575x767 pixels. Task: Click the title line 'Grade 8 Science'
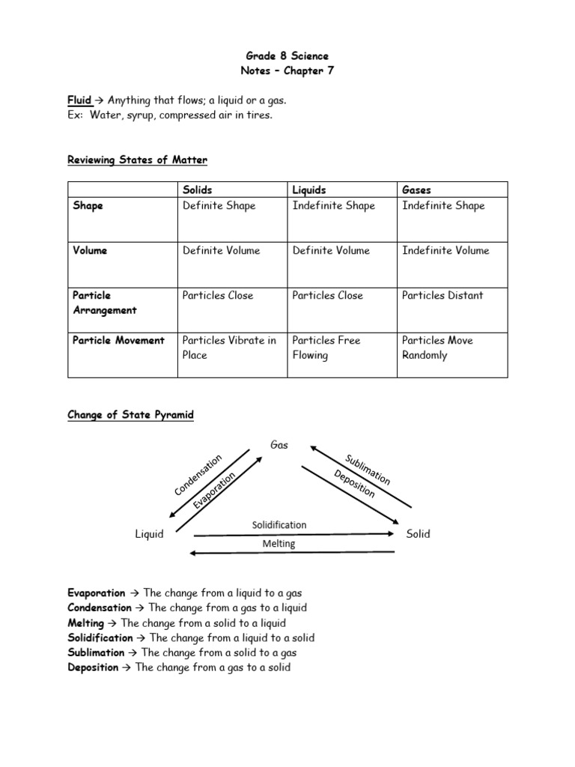pos(287,56)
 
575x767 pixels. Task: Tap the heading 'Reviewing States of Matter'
pos(137,160)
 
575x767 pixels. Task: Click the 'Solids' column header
pos(198,190)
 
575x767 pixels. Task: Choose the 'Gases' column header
pos(416,190)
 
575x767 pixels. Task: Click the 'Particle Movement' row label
pos(118,340)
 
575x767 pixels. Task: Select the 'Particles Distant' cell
pos(442,295)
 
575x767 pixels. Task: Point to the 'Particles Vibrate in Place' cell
pos(229,348)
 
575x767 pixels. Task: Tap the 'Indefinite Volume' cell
pos(445,250)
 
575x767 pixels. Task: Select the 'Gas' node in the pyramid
pos(279,445)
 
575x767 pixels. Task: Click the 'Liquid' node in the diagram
pos(149,534)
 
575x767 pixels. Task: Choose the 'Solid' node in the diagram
pos(418,534)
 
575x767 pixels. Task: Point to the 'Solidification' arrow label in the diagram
pos(279,525)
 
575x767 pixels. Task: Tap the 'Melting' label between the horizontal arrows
pos(279,544)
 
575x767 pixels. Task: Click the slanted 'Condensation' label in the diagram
pos(198,474)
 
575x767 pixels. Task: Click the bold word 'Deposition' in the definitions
pos(93,667)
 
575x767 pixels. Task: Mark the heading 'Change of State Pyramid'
pos(130,414)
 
